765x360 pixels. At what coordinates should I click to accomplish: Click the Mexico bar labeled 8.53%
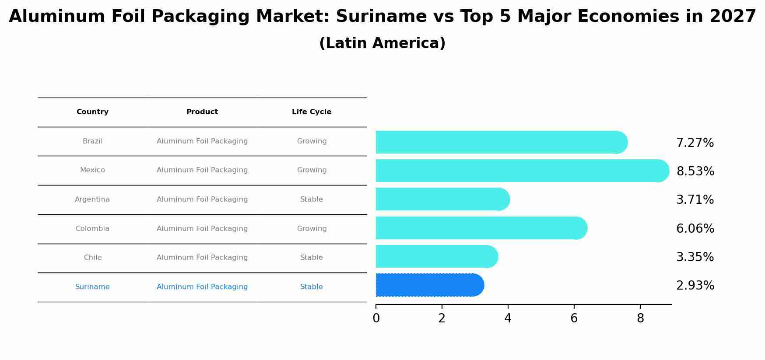(521, 171)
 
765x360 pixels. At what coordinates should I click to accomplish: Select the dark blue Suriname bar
(429, 285)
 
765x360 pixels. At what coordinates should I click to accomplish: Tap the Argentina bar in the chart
(442, 199)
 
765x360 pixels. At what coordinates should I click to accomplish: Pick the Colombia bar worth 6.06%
(481, 228)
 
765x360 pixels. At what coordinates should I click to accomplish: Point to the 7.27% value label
(695, 143)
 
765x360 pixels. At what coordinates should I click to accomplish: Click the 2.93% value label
(695, 286)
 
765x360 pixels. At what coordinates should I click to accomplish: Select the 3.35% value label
(695, 257)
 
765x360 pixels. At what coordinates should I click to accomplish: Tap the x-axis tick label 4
(508, 318)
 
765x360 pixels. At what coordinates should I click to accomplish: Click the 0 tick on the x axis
(376, 318)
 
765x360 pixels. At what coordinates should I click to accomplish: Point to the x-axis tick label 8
(640, 318)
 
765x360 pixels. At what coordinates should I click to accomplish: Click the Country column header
(92, 112)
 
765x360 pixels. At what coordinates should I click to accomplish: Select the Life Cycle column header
(312, 112)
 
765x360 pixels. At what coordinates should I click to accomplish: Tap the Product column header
(202, 112)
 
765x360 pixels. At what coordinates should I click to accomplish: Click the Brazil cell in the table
(92, 141)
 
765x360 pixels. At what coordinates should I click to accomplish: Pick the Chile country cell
(92, 258)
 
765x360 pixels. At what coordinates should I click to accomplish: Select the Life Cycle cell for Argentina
(312, 199)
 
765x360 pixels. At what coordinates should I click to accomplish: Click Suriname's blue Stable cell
(312, 287)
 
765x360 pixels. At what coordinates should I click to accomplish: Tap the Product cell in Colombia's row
(202, 229)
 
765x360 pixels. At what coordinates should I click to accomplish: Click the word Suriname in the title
(381, 17)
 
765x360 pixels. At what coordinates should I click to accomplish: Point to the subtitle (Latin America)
(382, 43)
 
